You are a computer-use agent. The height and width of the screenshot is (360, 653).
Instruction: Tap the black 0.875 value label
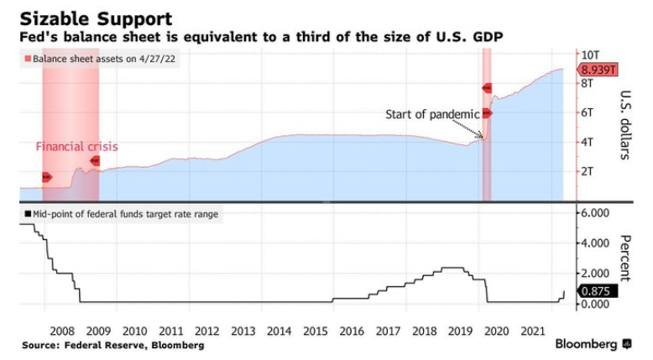pyautogui.click(x=598, y=293)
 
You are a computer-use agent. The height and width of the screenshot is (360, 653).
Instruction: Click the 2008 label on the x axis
pyautogui.click(x=62, y=331)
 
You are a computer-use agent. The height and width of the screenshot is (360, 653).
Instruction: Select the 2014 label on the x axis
pyautogui.click(x=279, y=331)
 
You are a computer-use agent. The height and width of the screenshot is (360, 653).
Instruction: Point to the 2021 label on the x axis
pyautogui.click(x=531, y=331)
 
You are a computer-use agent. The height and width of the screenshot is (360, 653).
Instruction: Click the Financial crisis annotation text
pyautogui.click(x=76, y=147)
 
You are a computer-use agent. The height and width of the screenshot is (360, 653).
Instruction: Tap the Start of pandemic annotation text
pyautogui.click(x=432, y=114)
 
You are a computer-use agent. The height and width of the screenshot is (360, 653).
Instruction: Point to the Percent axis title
pyautogui.click(x=627, y=258)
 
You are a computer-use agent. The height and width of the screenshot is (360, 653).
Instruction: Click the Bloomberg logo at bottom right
pyautogui.click(x=592, y=344)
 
